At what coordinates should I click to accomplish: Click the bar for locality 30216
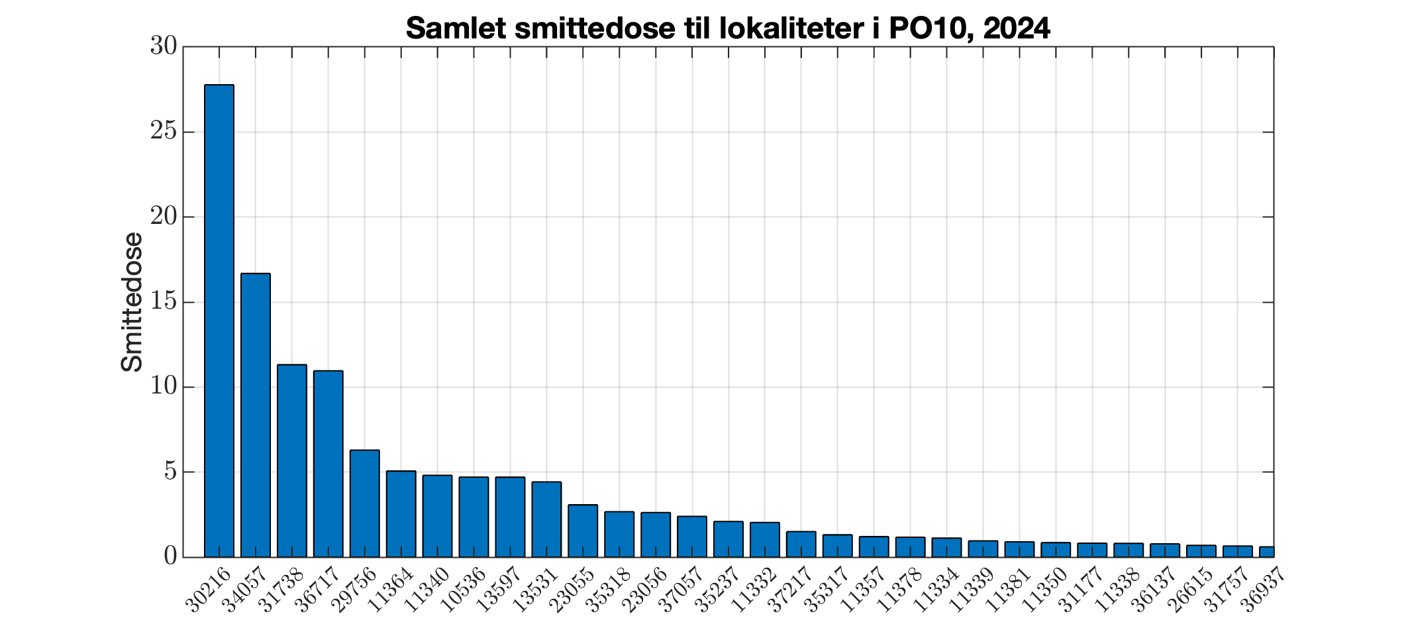click(x=219, y=321)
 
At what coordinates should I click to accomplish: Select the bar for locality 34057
click(x=255, y=415)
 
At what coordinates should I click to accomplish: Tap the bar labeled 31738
click(x=291, y=460)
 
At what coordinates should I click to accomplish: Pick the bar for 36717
click(x=328, y=464)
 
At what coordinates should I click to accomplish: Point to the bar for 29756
click(x=364, y=503)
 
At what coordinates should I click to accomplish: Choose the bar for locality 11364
click(x=401, y=514)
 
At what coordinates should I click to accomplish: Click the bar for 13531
click(x=546, y=519)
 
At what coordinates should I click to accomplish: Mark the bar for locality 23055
click(x=583, y=531)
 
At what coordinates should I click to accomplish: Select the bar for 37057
click(x=692, y=537)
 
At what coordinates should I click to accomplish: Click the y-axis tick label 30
click(x=163, y=46)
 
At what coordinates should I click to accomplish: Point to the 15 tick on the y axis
click(x=163, y=302)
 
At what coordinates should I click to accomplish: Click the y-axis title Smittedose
click(x=132, y=302)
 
